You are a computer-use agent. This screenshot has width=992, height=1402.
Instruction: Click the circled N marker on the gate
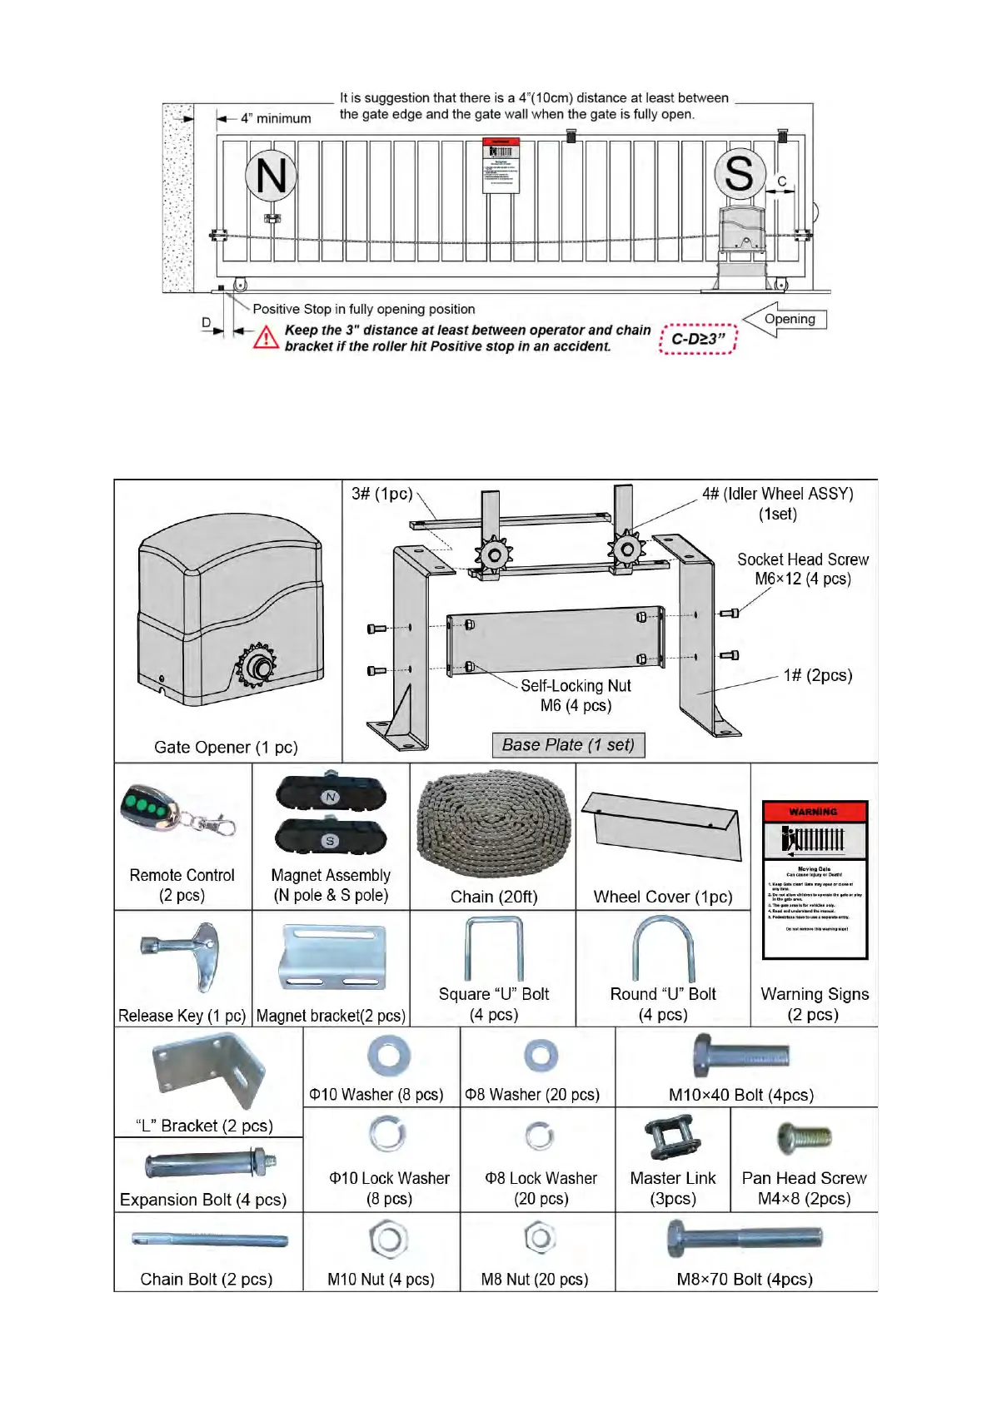(x=271, y=176)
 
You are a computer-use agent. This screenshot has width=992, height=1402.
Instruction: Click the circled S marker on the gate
(x=739, y=174)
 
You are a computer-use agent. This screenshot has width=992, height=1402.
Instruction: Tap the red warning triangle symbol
(x=266, y=337)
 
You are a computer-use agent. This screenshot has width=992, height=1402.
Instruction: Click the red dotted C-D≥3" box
(x=698, y=339)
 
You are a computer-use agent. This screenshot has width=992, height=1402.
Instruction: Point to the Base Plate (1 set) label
(x=568, y=745)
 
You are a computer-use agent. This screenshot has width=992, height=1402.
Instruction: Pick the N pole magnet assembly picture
(x=331, y=795)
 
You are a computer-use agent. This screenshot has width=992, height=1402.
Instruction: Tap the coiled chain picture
(x=494, y=824)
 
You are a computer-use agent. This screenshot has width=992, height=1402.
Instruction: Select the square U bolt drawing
(x=494, y=949)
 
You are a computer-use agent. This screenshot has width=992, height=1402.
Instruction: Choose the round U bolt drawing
(x=663, y=949)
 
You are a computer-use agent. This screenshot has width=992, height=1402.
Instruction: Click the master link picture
(x=672, y=1138)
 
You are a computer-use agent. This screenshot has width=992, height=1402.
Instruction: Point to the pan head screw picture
(x=804, y=1138)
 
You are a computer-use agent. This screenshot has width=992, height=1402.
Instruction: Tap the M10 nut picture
(x=387, y=1239)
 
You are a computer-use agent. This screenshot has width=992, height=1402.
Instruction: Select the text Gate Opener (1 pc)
(x=226, y=748)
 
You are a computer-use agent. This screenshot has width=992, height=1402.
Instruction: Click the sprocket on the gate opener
(x=258, y=667)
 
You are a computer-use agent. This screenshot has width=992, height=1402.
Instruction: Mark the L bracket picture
(x=209, y=1071)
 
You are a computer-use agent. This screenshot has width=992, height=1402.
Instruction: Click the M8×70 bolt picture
(x=744, y=1239)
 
